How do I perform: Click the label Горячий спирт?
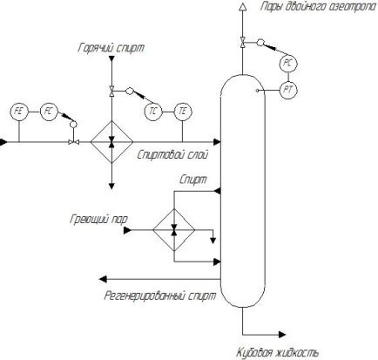[x=111, y=48]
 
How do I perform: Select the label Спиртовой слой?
[x=172, y=154]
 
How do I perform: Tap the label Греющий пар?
[x=98, y=219]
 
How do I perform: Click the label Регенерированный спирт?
[x=160, y=296]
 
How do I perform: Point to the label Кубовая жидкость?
[x=278, y=353]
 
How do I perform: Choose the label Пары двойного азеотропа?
[x=319, y=6]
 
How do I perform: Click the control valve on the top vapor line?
[x=242, y=43]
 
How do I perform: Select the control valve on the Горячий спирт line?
[x=111, y=92]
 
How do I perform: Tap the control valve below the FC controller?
[x=73, y=142]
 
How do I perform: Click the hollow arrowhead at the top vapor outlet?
[x=242, y=7]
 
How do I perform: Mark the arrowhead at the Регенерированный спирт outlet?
[x=103, y=279]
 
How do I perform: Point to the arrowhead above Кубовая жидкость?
[x=281, y=335]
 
